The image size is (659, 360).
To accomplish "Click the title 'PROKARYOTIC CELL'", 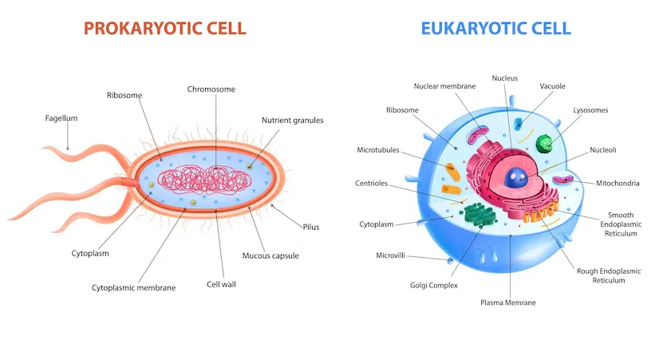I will (x=164, y=29).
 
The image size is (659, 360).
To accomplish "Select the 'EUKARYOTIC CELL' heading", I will (x=496, y=29).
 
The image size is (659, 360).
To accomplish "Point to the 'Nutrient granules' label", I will (x=292, y=121).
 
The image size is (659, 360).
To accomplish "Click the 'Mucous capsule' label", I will (x=270, y=256).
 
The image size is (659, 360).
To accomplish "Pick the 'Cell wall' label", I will (x=221, y=283).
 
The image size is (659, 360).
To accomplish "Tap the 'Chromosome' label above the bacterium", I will (x=211, y=89).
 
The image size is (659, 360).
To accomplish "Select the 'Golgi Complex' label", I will (x=434, y=285).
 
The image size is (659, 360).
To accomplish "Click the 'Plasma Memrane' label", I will (x=508, y=303).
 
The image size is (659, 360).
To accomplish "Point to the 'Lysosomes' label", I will (x=590, y=109).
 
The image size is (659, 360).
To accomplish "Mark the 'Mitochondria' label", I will (x=618, y=183).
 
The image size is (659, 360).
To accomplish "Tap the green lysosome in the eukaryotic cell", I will (x=545, y=144).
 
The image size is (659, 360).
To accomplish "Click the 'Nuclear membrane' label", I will (x=446, y=85).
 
